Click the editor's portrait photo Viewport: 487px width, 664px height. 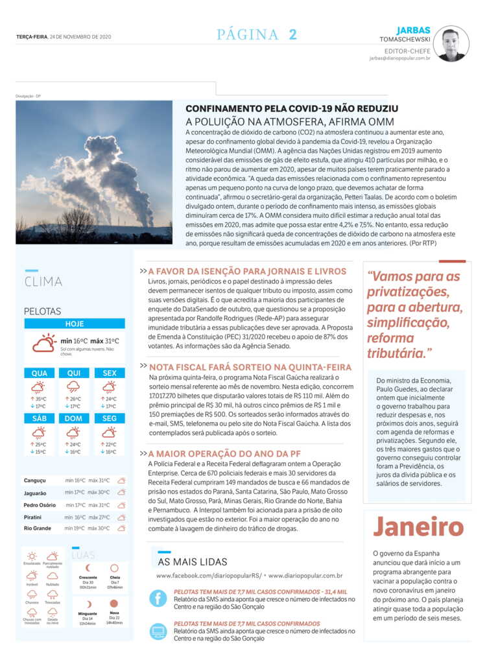pyautogui.click(x=451, y=43)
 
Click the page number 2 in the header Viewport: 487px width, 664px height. pyautogui.click(x=293, y=35)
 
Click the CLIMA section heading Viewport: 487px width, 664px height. pyautogui.click(x=43, y=281)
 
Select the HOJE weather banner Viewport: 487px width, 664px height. pyautogui.click(x=75, y=324)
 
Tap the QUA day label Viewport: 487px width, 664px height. pyautogui.click(x=40, y=373)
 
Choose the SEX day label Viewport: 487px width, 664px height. pyautogui.click(x=110, y=373)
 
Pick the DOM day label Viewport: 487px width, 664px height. pyautogui.click(x=75, y=418)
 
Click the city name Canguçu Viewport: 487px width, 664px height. pyautogui.click(x=34, y=480)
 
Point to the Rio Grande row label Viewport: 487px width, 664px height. pyautogui.click(x=37, y=528)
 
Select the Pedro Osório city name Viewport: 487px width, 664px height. pyautogui.click(x=40, y=504)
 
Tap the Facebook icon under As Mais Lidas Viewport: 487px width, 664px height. pyautogui.click(x=158, y=597)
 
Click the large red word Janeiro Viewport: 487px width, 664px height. pyautogui.click(x=418, y=527)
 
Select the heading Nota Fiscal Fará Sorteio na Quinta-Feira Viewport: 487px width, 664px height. pyautogui.click(x=250, y=366)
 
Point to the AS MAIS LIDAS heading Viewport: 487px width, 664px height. pyautogui.click(x=193, y=562)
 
